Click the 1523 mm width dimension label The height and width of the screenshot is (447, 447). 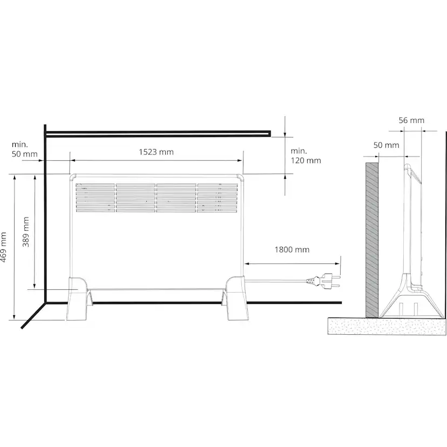[156, 152]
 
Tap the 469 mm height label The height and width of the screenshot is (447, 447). [3, 247]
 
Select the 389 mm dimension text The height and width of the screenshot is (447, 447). [26, 232]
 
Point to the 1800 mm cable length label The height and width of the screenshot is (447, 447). [292, 250]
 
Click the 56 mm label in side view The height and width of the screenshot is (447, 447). [411, 120]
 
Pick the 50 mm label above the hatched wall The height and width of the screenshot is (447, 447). [387, 145]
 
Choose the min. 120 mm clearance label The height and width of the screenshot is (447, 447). [306, 155]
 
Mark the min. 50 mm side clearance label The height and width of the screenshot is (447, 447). [24, 149]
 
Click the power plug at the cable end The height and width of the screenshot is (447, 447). [323, 281]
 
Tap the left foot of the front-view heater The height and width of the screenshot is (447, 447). [78, 298]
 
